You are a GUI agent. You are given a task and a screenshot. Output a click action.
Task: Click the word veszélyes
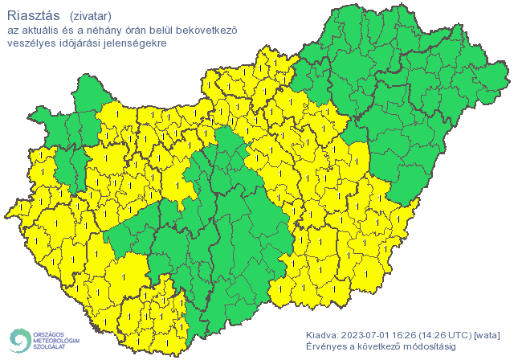click(x=31, y=43)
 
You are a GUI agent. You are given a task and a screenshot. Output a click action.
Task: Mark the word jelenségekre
click(x=136, y=43)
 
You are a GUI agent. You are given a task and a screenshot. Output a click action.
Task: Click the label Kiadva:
click(x=322, y=334)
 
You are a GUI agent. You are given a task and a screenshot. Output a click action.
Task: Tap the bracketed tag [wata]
click(x=489, y=334)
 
